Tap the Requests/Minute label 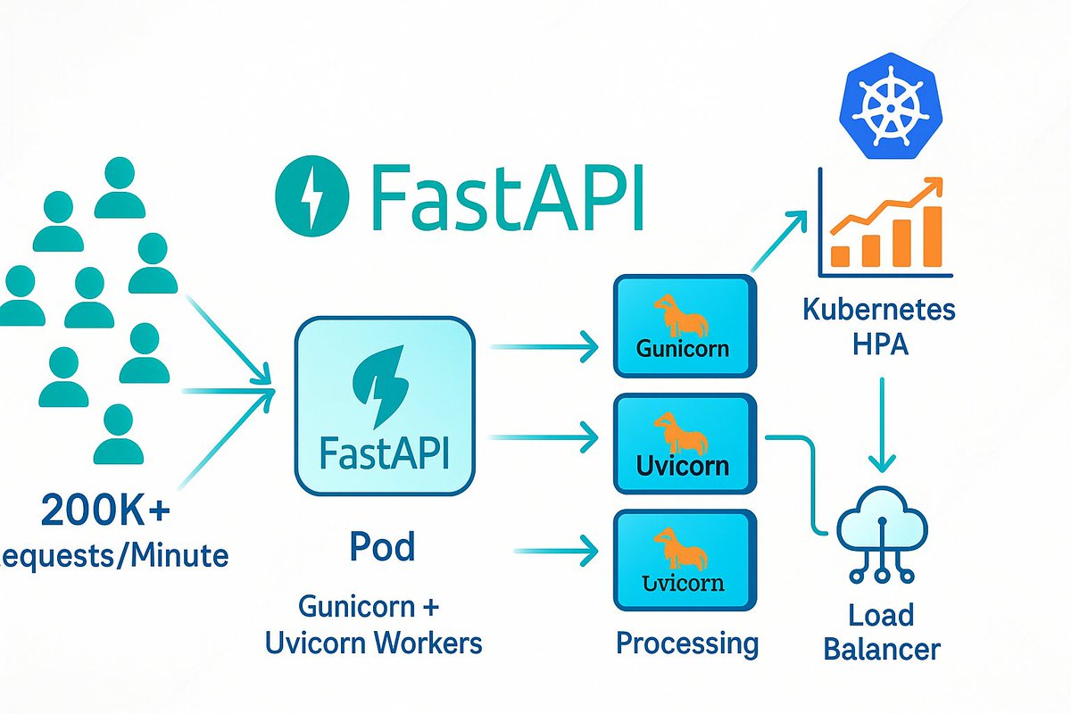pyautogui.click(x=112, y=557)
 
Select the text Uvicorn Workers pyautogui.click(x=374, y=643)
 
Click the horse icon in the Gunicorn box pyautogui.click(x=681, y=316)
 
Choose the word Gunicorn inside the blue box pyautogui.click(x=683, y=347)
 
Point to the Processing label pyautogui.click(x=687, y=643)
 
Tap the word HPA pyautogui.click(x=879, y=345)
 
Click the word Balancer pyautogui.click(x=882, y=649)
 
